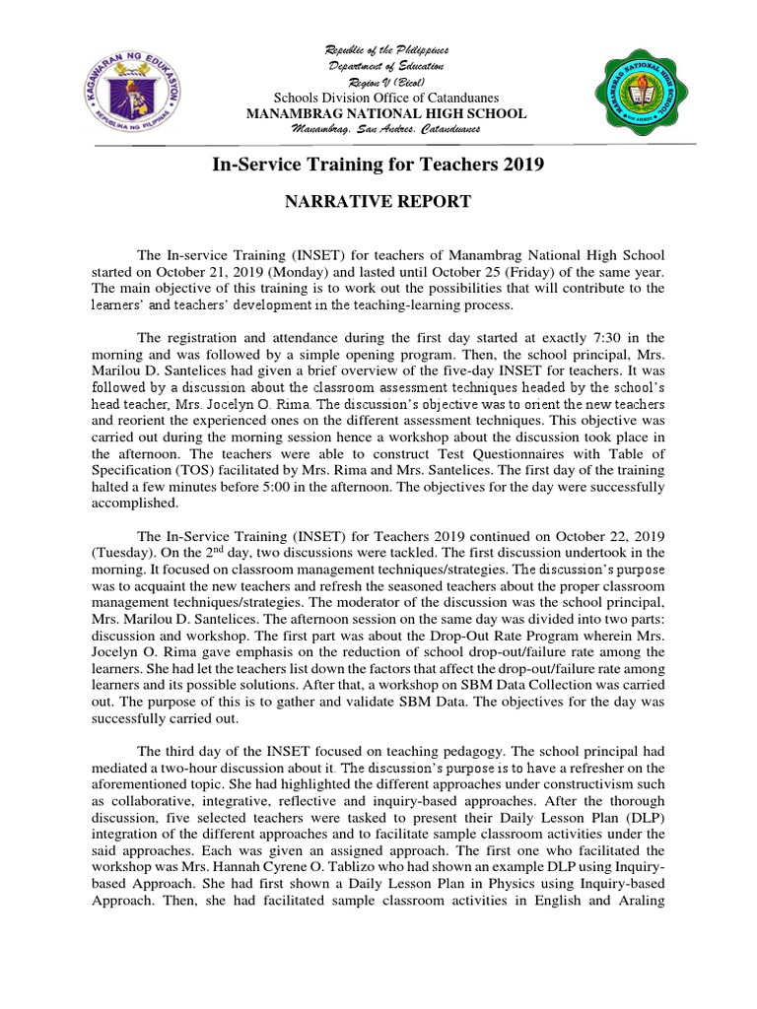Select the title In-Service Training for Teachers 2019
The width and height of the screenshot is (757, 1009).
pos(378,165)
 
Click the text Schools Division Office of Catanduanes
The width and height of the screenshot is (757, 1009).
pos(385,98)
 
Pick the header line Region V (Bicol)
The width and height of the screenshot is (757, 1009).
pos(386,81)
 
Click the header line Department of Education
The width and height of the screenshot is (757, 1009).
pos(386,65)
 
